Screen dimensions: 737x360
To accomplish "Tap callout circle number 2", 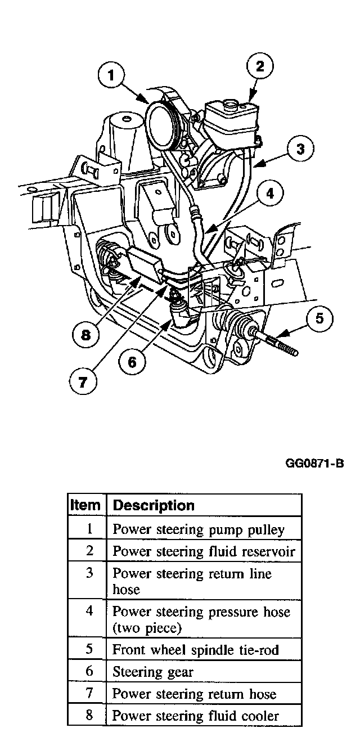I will [260, 66].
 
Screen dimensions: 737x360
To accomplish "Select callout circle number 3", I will [300, 149].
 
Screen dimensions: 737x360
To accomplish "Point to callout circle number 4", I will [271, 194].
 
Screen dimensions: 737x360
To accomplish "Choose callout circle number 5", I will [319, 319].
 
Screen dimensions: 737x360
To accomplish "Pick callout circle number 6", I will [132, 361].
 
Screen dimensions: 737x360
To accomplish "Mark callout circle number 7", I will [83, 383].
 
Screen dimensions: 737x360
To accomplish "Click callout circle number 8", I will [85, 335].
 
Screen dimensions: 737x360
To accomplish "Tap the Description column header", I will [154, 505].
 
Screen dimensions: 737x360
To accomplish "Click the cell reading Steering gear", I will [153, 671].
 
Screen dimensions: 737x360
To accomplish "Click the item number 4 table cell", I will [89, 611].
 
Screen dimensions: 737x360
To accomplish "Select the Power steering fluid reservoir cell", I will [204, 551].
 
